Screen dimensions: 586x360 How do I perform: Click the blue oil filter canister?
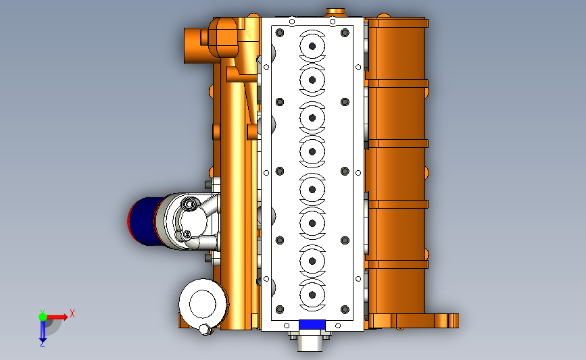coord(144,221)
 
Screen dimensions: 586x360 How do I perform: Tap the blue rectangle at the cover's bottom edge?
coord(312,324)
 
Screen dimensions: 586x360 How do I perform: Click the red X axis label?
coord(72,313)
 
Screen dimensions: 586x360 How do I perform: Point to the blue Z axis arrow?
coord(43,331)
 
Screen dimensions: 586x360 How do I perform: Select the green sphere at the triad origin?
coord(43,317)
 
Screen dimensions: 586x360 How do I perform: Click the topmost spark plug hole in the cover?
coord(312,47)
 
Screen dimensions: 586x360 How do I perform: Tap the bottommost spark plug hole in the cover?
coord(312,295)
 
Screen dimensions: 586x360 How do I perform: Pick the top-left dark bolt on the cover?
coord(280,33)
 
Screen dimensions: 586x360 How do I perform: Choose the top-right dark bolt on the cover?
coord(345,33)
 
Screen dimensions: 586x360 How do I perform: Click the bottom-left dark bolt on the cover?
coord(280,309)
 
